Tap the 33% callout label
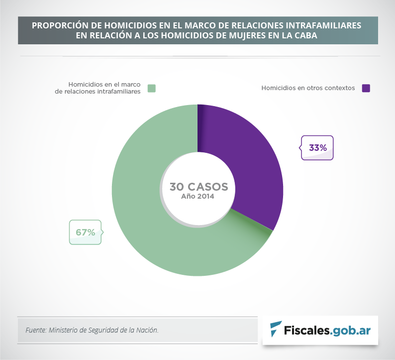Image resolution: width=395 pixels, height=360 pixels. (317, 148)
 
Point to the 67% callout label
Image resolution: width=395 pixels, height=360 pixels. (85, 232)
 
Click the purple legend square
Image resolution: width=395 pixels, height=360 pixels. (366, 88)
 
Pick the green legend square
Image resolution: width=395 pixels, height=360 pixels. (152, 88)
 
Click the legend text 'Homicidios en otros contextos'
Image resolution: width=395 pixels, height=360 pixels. (308, 88)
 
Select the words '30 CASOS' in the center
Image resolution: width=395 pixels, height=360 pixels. (198, 187)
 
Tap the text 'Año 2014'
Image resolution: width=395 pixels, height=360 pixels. (197, 197)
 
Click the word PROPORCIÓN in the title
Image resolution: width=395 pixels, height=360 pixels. (57, 25)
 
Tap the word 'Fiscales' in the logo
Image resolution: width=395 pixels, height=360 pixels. (306, 330)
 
